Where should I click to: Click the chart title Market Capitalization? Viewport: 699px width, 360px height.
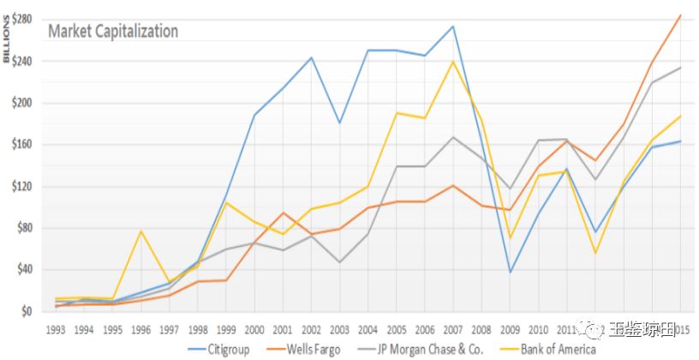(x=113, y=32)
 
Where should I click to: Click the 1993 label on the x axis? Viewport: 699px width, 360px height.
(x=57, y=329)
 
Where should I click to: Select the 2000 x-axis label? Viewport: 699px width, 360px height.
(x=254, y=329)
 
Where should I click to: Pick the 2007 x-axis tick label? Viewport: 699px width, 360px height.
(x=453, y=329)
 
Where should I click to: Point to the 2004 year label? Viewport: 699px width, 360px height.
(x=368, y=329)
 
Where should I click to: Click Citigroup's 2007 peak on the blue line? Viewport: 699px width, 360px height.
(x=453, y=26)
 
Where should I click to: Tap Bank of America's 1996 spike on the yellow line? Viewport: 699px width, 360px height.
(x=141, y=231)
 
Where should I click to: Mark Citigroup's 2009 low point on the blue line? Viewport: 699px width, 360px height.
(x=511, y=273)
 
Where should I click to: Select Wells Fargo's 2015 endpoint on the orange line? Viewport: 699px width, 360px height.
(x=680, y=15)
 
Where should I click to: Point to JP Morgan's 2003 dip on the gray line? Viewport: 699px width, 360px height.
(x=340, y=261)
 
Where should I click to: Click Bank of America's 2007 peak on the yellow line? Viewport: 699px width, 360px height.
(x=453, y=61)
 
